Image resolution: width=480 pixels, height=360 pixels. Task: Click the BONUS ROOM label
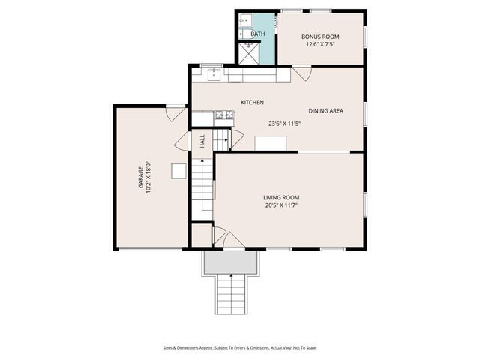(320, 36)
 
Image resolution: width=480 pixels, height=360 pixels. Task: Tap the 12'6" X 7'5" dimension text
(320, 44)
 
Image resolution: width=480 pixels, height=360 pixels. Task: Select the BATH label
(257, 34)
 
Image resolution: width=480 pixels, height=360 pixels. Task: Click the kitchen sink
(214, 73)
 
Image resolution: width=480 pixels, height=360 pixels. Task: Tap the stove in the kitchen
(223, 115)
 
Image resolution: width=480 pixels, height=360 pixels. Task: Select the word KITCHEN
(252, 102)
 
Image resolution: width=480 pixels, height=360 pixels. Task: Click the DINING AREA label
(325, 111)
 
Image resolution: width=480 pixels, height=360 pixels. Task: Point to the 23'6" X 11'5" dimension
(284, 124)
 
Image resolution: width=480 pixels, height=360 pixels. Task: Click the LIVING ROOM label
(286, 197)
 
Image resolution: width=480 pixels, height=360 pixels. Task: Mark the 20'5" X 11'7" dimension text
(286, 205)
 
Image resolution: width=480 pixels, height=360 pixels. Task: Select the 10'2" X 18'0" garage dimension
(149, 178)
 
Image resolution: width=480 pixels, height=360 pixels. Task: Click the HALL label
(202, 140)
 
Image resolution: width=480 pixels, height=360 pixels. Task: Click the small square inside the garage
(178, 171)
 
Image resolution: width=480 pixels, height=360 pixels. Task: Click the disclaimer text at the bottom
(240, 347)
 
